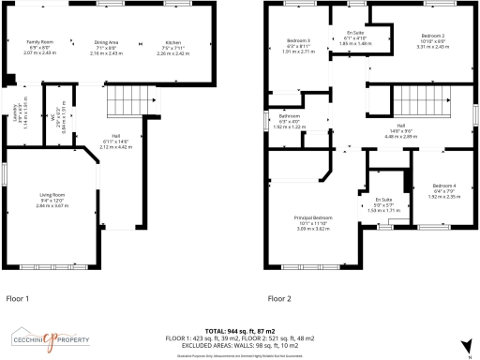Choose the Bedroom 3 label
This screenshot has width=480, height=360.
pos(298,40)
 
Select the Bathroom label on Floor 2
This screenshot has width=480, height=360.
pos(290,117)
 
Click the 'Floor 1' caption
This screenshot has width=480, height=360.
pos(18,298)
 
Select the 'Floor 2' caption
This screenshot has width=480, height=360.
pos(279,298)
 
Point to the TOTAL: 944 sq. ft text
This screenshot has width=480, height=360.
pos(239,331)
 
